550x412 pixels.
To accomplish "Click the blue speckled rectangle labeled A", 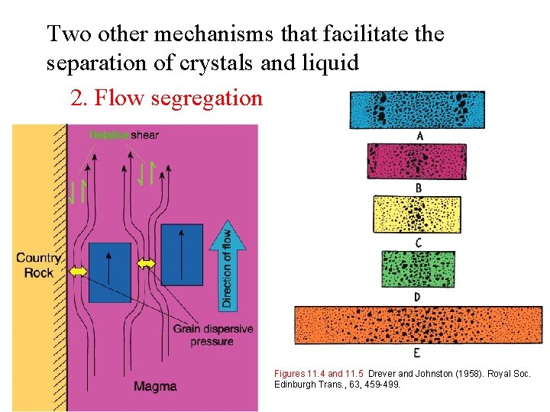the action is [x=417, y=110].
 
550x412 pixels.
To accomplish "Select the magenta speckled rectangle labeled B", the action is [x=417, y=161].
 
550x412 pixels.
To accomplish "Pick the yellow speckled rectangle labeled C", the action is [x=417, y=214].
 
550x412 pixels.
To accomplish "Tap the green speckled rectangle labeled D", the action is [x=417, y=269].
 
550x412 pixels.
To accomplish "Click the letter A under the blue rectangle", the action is [x=419, y=136].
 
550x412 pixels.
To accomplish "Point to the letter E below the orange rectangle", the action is [x=416, y=352].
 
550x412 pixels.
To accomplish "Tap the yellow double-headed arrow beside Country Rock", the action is [x=79, y=271].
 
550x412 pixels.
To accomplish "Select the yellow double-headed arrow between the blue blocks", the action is [x=146, y=264].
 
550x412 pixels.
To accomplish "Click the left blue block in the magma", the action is [x=110, y=272].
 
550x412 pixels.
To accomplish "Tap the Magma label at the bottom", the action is [x=155, y=386].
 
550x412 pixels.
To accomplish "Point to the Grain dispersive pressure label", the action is [x=213, y=335].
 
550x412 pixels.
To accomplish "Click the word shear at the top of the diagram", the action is [x=144, y=135].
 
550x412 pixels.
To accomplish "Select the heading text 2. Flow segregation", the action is [x=166, y=98].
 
